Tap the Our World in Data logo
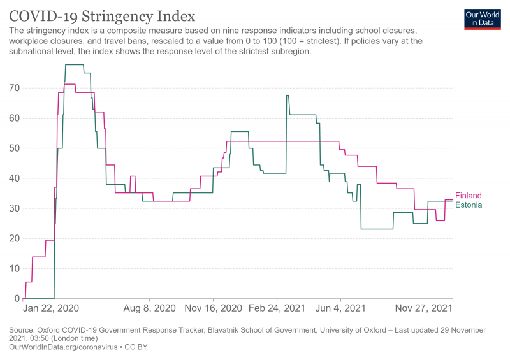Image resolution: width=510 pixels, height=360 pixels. pyautogui.click(x=482, y=19)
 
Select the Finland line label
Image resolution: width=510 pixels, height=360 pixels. pyautogui.click(x=468, y=196)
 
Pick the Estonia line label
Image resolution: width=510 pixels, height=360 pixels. pyautogui.click(x=468, y=205)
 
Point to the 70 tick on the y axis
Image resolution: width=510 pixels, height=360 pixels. pyautogui.click(x=15, y=88)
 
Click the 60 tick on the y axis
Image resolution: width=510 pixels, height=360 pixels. pyautogui.click(x=15, y=118)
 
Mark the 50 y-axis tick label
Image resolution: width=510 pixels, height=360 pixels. pyautogui.click(x=15, y=148)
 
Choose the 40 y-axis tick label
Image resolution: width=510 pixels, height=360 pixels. pyautogui.click(x=15, y=178)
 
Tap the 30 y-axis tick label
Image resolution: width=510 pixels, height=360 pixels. pyautogui.click(x=15, y=208)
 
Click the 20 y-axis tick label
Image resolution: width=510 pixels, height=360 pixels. pyautogui.click(x=15, y=238)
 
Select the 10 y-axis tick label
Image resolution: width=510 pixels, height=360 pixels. pyautogui.click(x=15, y=268)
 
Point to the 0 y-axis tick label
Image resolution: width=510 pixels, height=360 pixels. pyautogui.click(x=17, y=298)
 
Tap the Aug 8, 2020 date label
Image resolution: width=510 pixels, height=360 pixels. pyautogui.click(x=149, y=308)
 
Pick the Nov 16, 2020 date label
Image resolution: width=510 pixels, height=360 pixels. pyautogui.click(x=213, y=308)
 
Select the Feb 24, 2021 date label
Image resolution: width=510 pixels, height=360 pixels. pyautogui.click(x=277, y=308)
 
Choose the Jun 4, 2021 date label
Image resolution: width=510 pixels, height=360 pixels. pyautogui.click(x=341, y=308)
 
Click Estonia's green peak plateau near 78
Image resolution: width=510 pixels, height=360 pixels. pyautogui.click(x=74, y=65)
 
